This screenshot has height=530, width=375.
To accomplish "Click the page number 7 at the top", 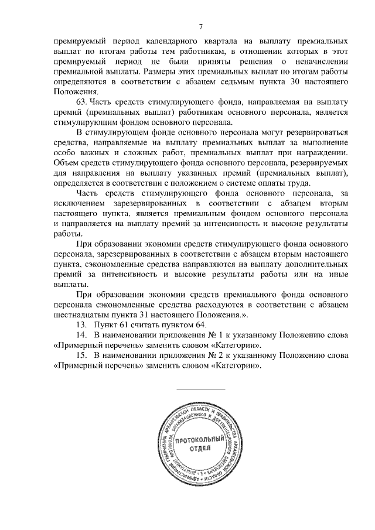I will [x=200, y=26].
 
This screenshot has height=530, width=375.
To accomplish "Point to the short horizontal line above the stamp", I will [x=200, y=389].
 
